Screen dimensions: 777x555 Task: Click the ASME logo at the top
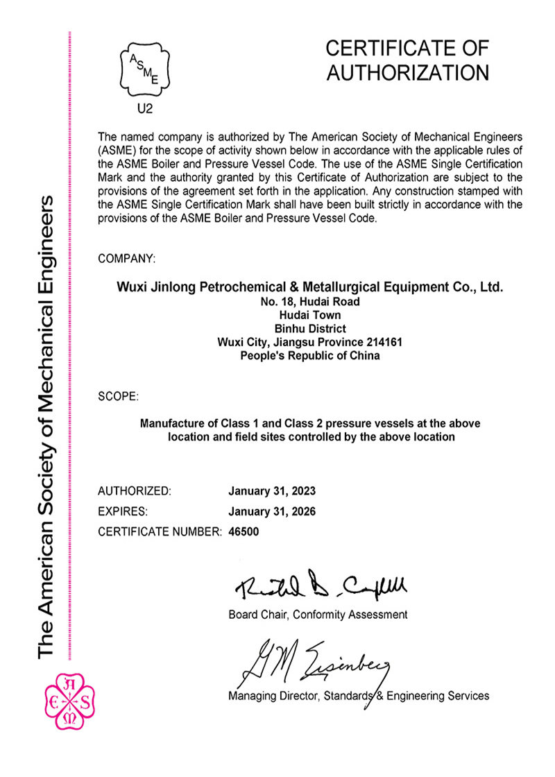[144, 69]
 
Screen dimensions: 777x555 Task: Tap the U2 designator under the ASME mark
[144, 108]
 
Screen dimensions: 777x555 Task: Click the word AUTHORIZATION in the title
[408, 73]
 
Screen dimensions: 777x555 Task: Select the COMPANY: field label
[127, 259]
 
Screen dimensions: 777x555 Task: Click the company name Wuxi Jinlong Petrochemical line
[309, 287]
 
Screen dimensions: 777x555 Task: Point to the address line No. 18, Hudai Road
[309, 301]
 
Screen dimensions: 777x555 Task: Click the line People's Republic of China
[309, 356]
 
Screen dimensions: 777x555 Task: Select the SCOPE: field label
[119, 398]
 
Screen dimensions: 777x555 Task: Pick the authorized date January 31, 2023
[272, 491]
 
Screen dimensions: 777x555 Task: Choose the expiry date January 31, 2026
[272, 512]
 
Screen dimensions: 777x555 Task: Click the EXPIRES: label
[123, 512]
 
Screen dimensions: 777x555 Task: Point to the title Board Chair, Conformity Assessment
[318, 615]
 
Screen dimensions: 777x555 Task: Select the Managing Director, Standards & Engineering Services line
[359, 695]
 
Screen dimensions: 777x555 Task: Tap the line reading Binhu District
[309, 328]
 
